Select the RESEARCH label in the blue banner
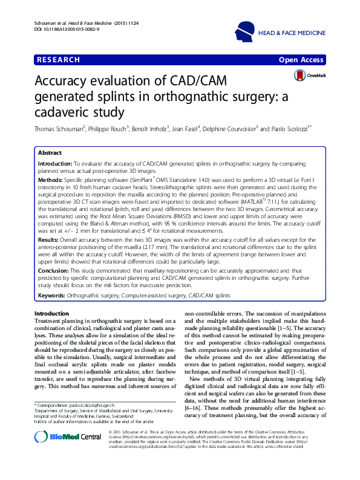[59, 60]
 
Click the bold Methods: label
[51, 180]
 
